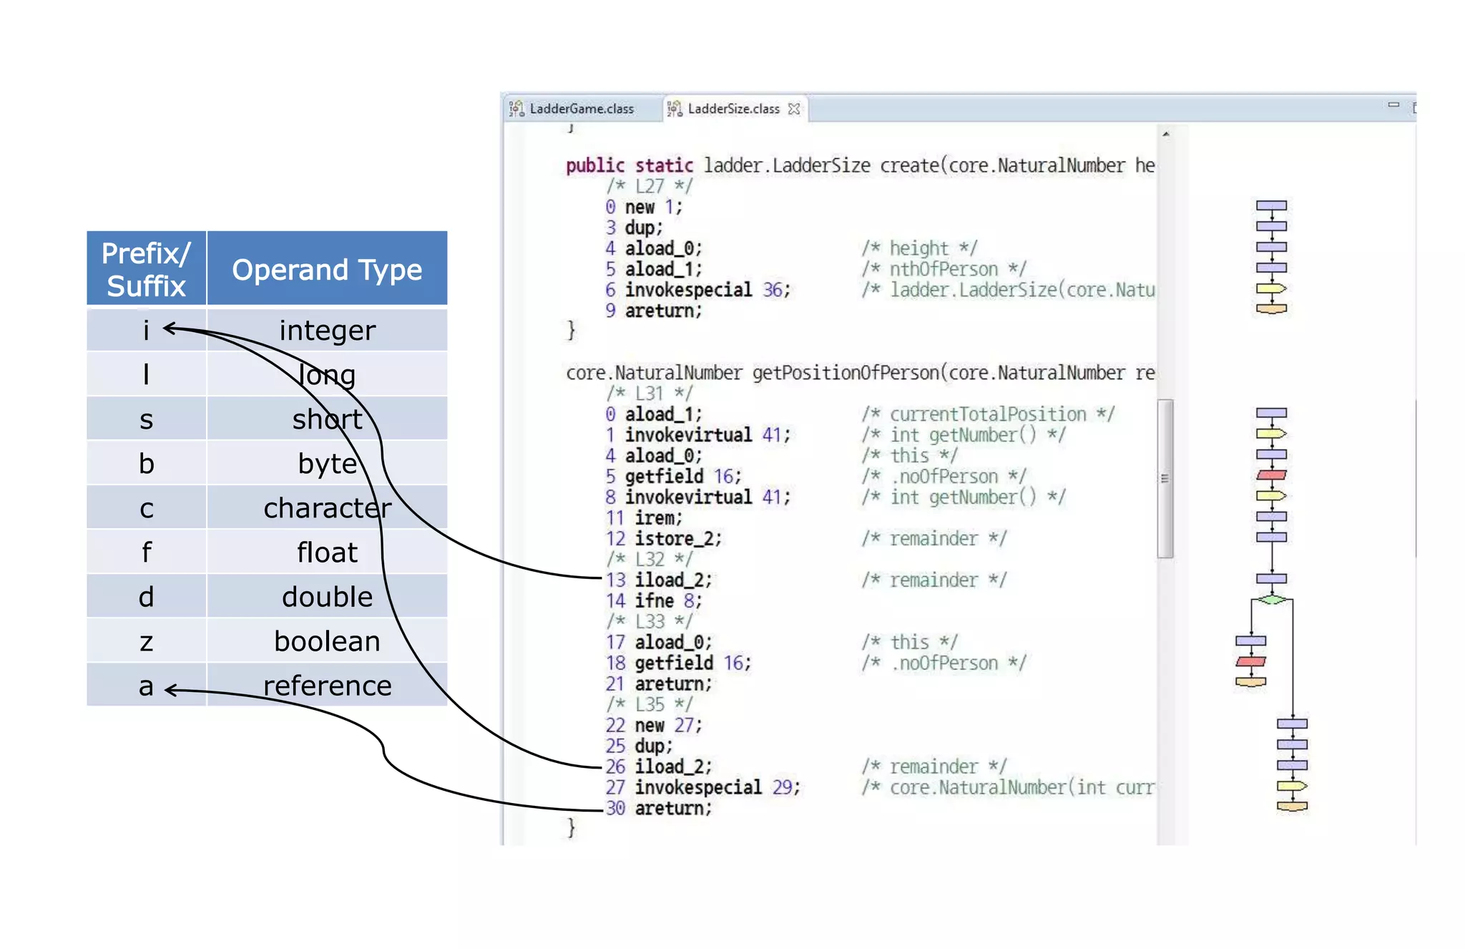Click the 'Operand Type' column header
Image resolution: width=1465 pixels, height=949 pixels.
tap(327, 270)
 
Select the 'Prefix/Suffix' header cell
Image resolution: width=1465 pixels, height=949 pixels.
tap(147, 270)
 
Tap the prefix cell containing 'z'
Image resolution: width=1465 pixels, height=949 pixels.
tap(146, 641)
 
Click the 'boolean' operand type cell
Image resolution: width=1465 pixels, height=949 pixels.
tap(327, 641)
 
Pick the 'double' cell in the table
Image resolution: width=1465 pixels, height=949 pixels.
tap(327, 597)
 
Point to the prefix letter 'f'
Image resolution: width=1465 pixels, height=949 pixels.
tap(146, 553)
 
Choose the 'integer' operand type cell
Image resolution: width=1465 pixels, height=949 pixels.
tap(327, 331)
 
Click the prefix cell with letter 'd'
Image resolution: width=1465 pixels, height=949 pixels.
tap(146, 597)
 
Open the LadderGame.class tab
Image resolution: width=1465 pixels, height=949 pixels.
tap(581, 109)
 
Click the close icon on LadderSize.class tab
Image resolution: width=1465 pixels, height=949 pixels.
tap(794, 109)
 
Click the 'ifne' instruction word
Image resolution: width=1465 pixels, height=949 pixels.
tap(654, 600)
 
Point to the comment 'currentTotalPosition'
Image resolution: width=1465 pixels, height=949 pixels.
tap(987, 414)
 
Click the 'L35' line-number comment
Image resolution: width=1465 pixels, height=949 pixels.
tap(650, 704)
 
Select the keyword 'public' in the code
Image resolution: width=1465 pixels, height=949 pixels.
tap(594, 165)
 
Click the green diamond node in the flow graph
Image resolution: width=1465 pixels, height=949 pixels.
tap(1271, 599)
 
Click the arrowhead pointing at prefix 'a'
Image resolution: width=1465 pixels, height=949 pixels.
tap(170, 690)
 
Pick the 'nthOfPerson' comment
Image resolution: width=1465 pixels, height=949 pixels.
tap(944, 269)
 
